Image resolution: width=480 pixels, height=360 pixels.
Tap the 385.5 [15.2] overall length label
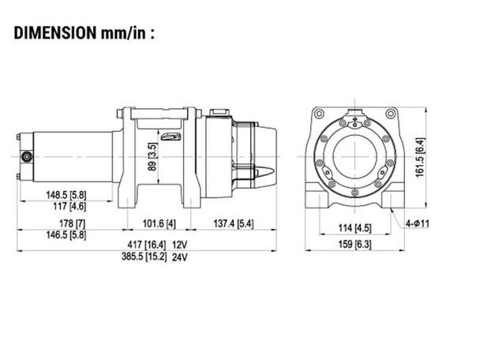pos(143,257)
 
